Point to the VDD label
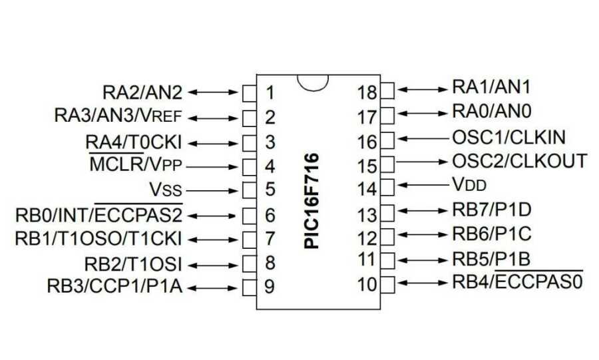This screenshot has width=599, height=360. (470, 183)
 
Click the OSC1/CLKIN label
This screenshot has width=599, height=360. (508, 138)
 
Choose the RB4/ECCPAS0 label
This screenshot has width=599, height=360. (517, 281)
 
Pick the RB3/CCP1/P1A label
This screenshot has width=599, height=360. (114, 287)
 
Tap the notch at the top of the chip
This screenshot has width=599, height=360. (313, 82)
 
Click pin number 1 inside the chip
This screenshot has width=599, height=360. (270, 92)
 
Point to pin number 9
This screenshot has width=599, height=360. (270, 287)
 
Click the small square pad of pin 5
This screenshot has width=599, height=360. (249, 190)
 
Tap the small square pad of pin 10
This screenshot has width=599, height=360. (387, 282)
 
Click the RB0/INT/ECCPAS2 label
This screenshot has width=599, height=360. (99, 214)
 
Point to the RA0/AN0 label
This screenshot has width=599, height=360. (492, 110)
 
